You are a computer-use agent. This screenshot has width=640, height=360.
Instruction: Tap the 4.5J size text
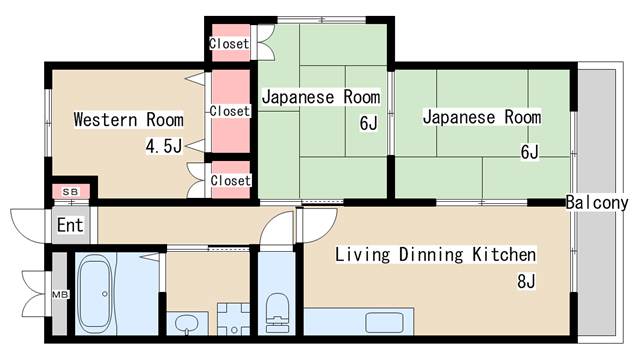(164, 148)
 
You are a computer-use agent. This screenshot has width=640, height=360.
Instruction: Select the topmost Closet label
(229, 43)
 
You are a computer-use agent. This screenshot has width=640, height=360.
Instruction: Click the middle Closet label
(229, 110)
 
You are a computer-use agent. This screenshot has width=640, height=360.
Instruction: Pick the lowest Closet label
(229, 180)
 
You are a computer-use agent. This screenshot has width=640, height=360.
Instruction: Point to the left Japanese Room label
(321, 97)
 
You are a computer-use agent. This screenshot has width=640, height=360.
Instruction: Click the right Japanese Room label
(481, 117)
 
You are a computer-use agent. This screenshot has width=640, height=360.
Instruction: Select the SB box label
(70, 190)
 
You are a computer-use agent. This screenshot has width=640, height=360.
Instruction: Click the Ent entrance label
(69, 225)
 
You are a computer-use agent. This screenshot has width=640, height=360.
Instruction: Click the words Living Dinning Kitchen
(435, 254)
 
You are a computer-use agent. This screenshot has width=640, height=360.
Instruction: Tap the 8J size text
(527, 281)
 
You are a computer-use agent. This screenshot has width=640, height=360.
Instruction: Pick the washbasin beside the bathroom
(186, 322)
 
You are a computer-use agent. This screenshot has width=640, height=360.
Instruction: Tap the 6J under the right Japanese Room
(529, 152)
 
